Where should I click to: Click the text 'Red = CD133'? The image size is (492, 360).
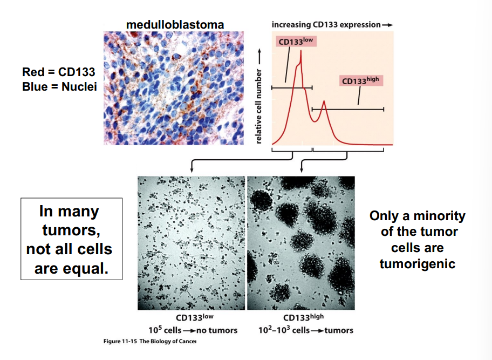[x=59, y=72]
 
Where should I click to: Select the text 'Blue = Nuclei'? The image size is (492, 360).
[x=59, y=86]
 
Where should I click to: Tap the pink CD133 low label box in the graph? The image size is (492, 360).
[x=296, y=42]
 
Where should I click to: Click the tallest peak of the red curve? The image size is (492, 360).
[x=300, y=52]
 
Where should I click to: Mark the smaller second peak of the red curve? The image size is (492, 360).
[x=324, y=101]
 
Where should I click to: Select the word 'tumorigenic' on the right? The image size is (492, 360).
[x=417, y=264]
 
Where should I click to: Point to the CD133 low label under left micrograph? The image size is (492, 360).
[x=193, y=318]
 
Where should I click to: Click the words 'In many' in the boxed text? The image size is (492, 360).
[x=69, y=212]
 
